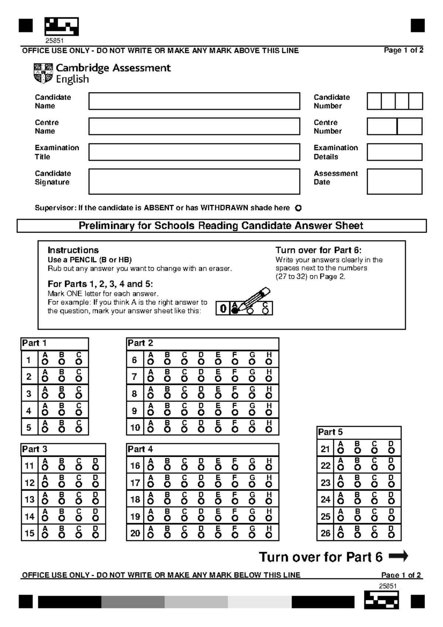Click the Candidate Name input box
coord(194,101)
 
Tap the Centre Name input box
coord(194,126)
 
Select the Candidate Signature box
coord(194,181)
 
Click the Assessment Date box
coord(394,181)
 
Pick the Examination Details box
coord(394,152)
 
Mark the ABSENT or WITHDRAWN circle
coord(298,208)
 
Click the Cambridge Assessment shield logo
coord(43,73)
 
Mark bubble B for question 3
coord(62,396)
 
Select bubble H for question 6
coord(269,362)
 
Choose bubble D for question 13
coord(96,501)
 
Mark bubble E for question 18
coord(218,501)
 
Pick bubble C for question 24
coord(374,501)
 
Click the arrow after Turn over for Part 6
coord(398,556)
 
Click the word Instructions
coord(73,250)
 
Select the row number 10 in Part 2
coord(135,428)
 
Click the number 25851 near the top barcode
coord(54,42)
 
